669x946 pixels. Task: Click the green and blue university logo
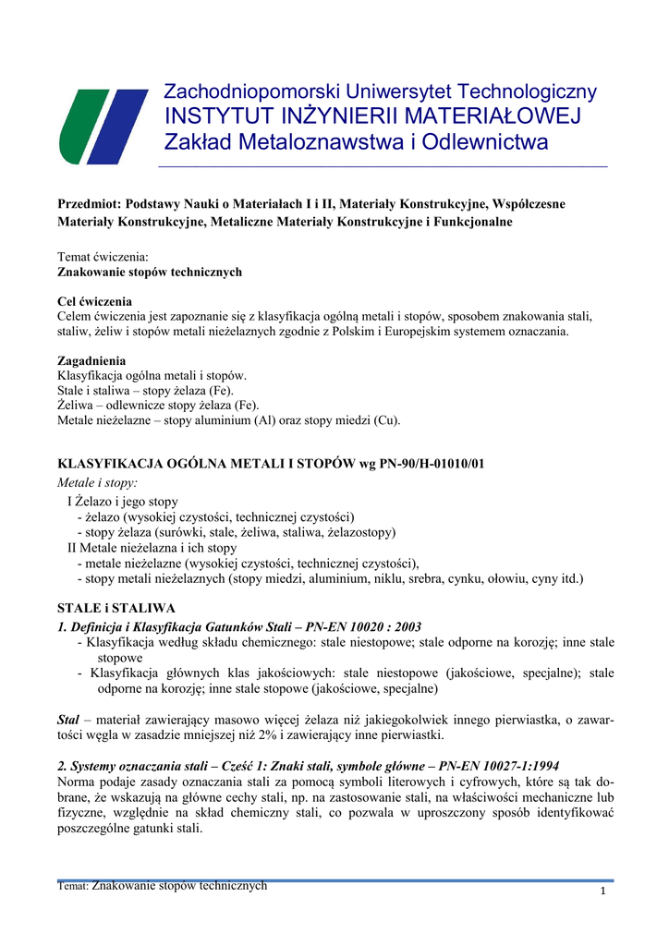tap(103, 127)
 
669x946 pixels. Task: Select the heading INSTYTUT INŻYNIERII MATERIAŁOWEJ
tap(371, 116)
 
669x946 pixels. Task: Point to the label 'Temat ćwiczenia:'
tap(103, 256)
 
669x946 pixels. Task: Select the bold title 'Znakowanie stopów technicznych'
tap(150, 272)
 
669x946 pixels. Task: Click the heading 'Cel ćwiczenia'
tap(94, 302)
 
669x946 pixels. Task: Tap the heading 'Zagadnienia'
tap(91, 361)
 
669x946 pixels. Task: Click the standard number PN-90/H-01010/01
tap(426, 465)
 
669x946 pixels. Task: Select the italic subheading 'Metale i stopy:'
tap(97, 483)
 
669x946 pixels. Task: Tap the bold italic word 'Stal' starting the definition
tap(68, 718)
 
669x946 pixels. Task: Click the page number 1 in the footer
tap(602, 891)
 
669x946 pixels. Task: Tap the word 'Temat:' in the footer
tap(73, 886)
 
